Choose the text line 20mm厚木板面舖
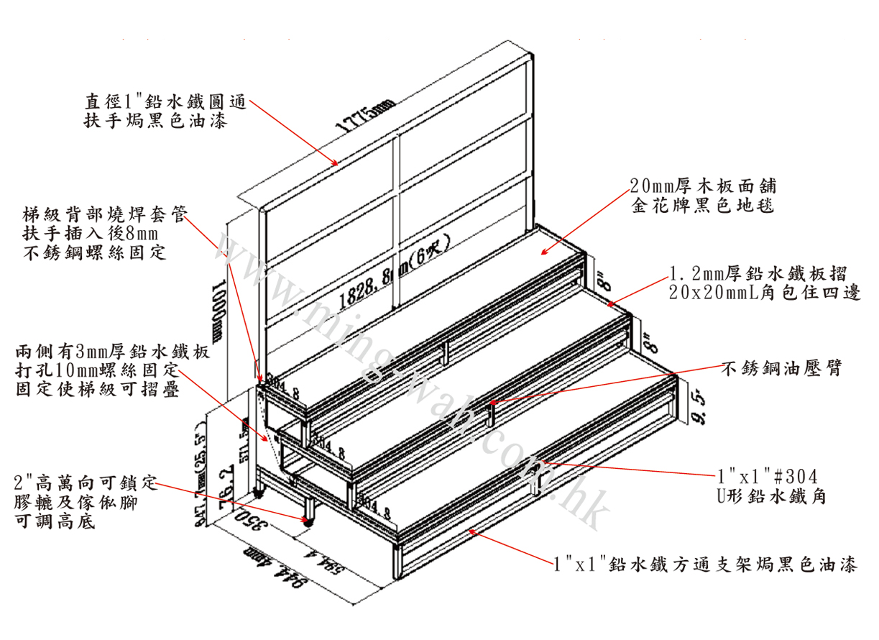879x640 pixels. click(x=702, y=186)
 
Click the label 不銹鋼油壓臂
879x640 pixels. click(x=781, y=369)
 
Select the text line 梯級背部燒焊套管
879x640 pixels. click(x=105, y=214)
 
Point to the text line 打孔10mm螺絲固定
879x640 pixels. click(x=96, y=372)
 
